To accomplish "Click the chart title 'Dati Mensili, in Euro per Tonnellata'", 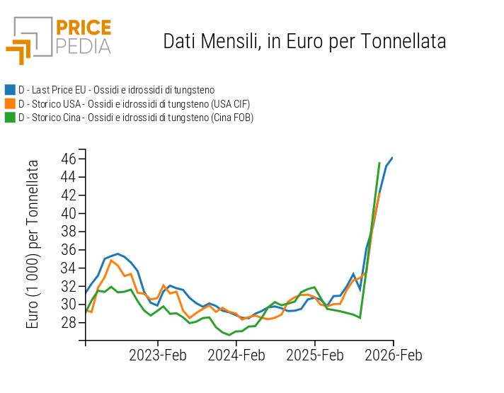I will pyautogui.click(x=304, y=41).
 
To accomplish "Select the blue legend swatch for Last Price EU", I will pyautogui.click(x=10, y=90).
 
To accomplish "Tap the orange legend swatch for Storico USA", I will pyautogui.click(x=10, y=104).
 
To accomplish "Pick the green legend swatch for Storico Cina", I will pyautogui.click(x=10, y=118).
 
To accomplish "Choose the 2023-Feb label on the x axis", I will pyautogui.click(x=157, y=355).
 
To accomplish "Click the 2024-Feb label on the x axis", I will pyautogui.click(x=236, y=355).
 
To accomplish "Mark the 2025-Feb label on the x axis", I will pyautogui.click(x=315, y=355).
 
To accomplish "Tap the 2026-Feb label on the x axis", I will pyautogui.click(x=393, y=355).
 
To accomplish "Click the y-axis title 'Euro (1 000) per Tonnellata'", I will pyautogui.click(x=33, y=244).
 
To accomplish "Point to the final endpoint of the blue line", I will pyautogui.click(x=392, y=158).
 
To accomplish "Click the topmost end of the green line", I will pyautogui.click(x=379, y=164).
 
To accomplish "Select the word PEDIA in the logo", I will pyautogui.click(x=83, y=46).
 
